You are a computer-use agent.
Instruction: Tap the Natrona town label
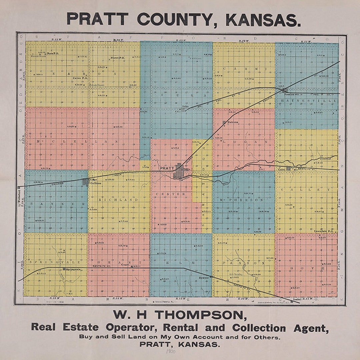click(x=233, y=122)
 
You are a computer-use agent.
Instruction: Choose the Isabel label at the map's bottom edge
click(x=297, y=299)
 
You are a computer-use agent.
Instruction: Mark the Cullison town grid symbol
click(x=86, y=182)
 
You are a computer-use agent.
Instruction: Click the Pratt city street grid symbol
click(x=180, y=172)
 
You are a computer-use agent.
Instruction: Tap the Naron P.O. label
click(x=117, y=58)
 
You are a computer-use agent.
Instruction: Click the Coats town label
click(x=125, y=265)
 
